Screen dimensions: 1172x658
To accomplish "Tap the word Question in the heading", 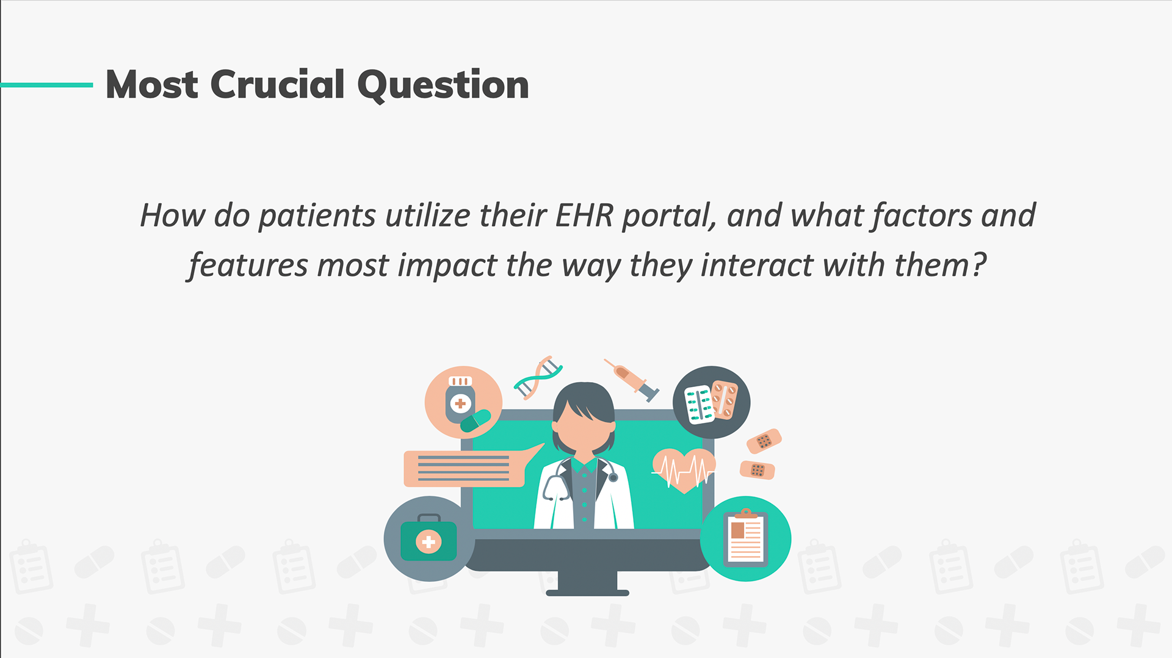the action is pyautogui.click(x=443, y=85).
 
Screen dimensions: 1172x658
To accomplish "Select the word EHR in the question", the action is pyautogui.click(x=584, y=215).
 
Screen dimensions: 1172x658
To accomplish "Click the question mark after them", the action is pyautogui.click(x=979, y=264).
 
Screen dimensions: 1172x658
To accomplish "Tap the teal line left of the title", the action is pyautogui.click(x=46, y=85).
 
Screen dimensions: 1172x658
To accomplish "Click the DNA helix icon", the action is pyautogui.click(x=538, y=377).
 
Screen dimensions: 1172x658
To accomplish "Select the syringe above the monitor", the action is pyautogui.click(x=632, y=380).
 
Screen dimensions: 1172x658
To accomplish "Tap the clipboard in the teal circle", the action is pyautogui.click(x=745, y=537).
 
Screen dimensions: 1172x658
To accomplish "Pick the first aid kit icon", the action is pyautogui.click(x=429, y=538).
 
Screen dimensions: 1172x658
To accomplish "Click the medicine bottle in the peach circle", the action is pyautogui.click(x=460, y=399).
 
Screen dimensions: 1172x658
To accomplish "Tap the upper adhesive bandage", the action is pyautogui.click(x=764, y=441).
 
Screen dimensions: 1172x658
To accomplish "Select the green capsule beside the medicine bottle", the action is pyautogui.click(x=476, y=421).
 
